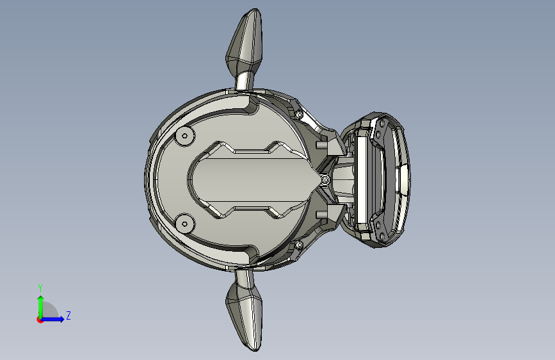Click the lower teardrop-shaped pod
point(245,316)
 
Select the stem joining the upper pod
point(245,81)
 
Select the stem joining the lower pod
point(245,279)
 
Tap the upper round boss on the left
point(185,136)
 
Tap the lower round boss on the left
point(185,224)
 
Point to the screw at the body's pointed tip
point(326,181)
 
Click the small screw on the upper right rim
point(299,115)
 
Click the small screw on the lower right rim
point(299,245)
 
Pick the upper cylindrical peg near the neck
point(321,145)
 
